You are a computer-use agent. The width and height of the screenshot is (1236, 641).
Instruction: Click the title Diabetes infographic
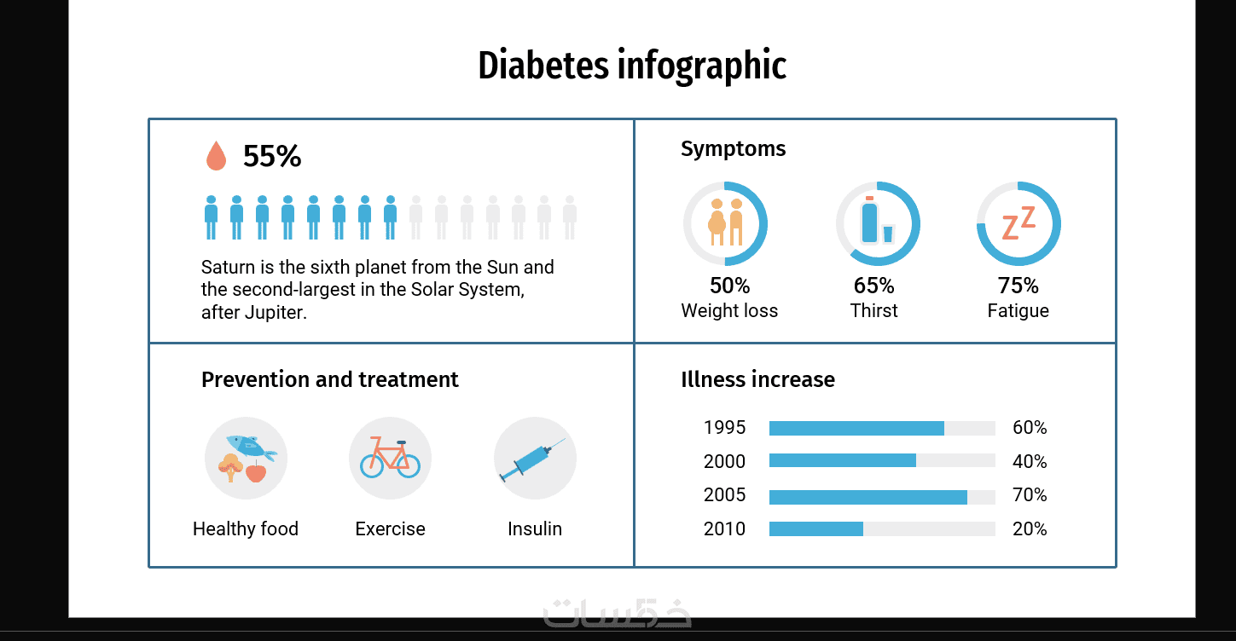(x=631, y=66)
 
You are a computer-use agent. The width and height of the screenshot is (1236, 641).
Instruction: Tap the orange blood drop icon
(x=216, y=156)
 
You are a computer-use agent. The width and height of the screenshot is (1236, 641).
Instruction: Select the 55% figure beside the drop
(x=272, y=156)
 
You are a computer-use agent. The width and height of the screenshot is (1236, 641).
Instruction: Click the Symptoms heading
(x=733, y=149)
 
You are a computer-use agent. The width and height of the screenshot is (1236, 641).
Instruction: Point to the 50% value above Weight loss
(x=729, y=285)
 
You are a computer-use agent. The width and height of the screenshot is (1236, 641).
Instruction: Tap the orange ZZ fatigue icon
(x=1018, y=223)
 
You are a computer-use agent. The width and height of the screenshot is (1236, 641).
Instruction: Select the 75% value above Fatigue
(x=1018, y=285)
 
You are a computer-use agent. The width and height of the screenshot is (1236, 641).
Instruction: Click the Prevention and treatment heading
(x=329, y=379)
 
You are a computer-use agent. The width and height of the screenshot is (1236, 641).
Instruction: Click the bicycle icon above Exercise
(x=390, y=458)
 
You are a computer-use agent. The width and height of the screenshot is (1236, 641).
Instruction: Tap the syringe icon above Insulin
(x=534, y=459)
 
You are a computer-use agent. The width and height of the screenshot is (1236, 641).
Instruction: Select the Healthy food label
(x=246, y=529)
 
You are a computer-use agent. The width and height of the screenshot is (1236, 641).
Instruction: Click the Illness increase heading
(x=757, y=379)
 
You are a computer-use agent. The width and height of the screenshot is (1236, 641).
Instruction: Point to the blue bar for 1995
(x=856, y=428)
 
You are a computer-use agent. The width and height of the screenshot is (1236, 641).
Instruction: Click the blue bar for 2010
(x=815, y=529)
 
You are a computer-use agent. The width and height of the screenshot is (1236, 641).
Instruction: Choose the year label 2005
(x=724, y=495)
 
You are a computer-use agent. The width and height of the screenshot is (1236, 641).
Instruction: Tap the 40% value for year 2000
(x=1029, y=462)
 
